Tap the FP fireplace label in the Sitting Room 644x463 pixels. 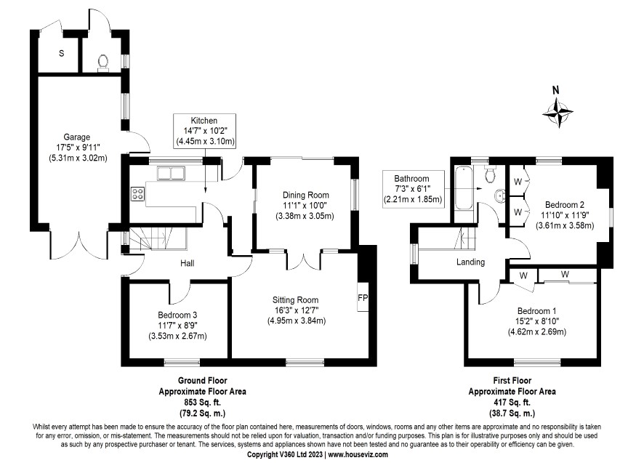pyautogui.click(x=362, y=298)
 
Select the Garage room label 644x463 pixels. pyautogui.click(x=76, y=137)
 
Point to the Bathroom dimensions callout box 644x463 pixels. pyautogui.click(x=412, y=188)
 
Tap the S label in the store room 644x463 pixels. pyautogui.click(x=62, y=54)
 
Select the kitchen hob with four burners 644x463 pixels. pyautogui.click(x=137, y=193)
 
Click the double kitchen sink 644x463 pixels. pyautogui.click(x=172, y=173)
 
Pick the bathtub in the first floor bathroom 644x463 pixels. pyautogui.click(x=462, y=186)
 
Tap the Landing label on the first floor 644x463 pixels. pyautogui.click(x=470, y=262)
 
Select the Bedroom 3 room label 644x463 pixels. pyautogui.click(x=177, y=314)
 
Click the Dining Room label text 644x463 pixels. pyautogui.click(x=306, y=195)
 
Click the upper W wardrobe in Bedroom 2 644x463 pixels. pyautogui.click(x=518, y=182)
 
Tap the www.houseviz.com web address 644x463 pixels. pyautogui.click(x=358, y=453)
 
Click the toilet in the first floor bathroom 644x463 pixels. pyautogui.click(x=490, y=174)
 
